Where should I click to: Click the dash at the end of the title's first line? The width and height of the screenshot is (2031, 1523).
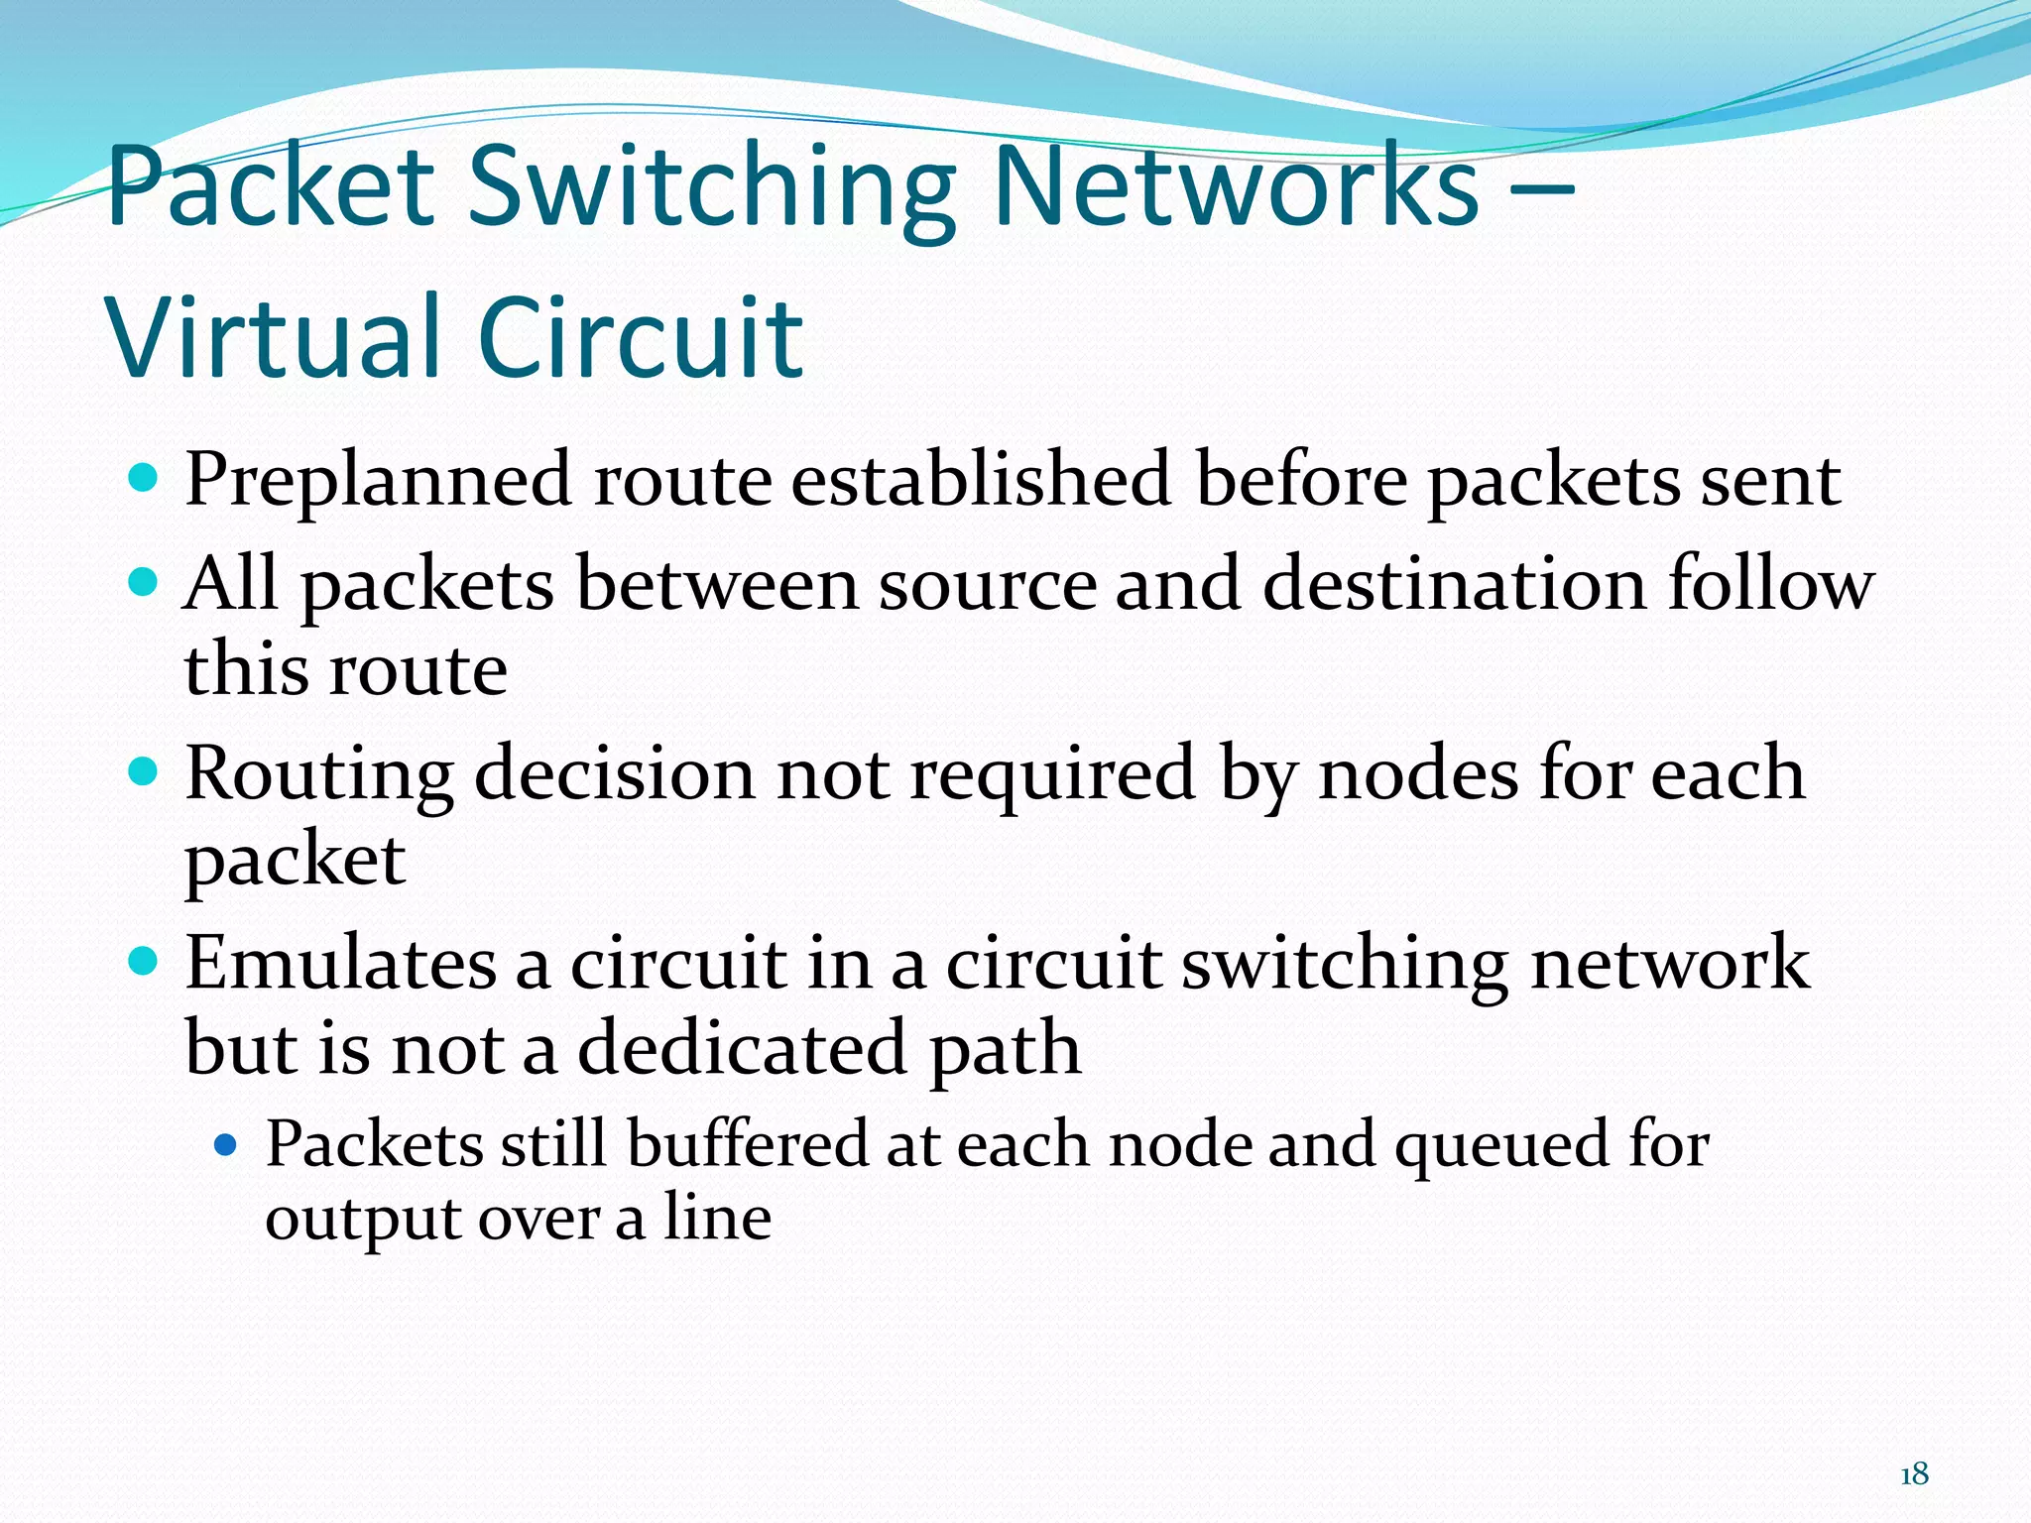pyautogui.click(x=1539, y=188)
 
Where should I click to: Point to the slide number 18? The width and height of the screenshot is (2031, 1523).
pyautogui.click(x=1914, y=1474)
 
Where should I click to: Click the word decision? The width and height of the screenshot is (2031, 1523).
pyautogui.click(x=615, y=774)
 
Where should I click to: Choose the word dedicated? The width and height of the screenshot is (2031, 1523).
pyautogui.click(x=742, y=1049)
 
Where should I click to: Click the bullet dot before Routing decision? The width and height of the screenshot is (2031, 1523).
pyautogui.click(x=144, y=771)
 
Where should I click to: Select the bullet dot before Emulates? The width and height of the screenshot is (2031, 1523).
pyautogui.click(x=144, y=961)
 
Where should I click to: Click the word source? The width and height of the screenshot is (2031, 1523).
pyautogui.click(x=988, y=585)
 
